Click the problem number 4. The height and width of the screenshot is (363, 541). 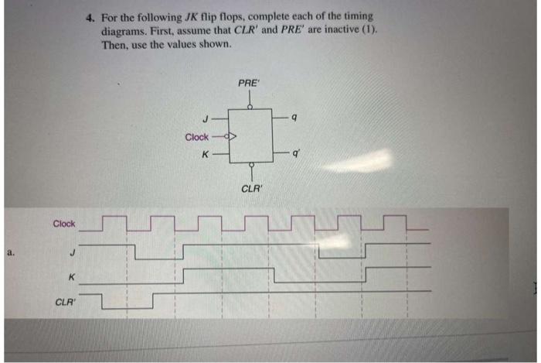click(90, 15)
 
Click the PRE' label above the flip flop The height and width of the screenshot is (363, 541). click(249, 82)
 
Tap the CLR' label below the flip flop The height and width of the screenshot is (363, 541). click(251, 188)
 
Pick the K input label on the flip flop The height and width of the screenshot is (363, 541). click(204, 154)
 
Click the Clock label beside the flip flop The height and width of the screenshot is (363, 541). click(196, 137)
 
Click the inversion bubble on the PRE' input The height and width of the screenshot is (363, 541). click(250, 107)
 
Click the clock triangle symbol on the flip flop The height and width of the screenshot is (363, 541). click(230, 137)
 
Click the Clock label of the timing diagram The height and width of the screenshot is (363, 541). click(63, 224)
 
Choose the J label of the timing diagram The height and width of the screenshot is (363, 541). click(72, 251)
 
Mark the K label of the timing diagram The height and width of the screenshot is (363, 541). click(71, 276)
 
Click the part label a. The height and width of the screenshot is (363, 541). click(9, 252)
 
